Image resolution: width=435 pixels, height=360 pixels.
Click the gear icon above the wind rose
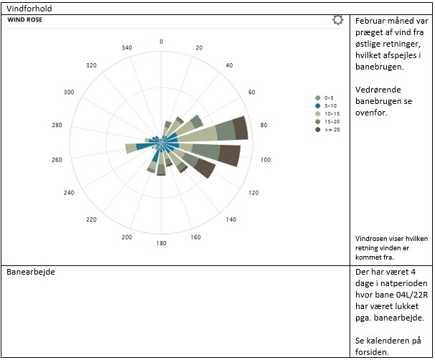(338, 20)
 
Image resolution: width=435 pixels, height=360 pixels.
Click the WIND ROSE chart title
(26, 20)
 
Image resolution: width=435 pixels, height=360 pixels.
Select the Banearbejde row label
(31, 273)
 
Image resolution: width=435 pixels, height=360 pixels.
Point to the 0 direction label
(161, 41)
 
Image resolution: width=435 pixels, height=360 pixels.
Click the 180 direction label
(161, 244)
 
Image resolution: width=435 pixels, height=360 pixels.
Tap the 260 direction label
(57, 160)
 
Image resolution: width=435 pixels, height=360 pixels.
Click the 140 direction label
(231, 219)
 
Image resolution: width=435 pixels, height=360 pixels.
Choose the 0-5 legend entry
(329, 98)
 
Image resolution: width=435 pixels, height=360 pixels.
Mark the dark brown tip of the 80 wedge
(241, 128)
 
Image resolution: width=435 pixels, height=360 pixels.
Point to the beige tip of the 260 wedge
(131, 148)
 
